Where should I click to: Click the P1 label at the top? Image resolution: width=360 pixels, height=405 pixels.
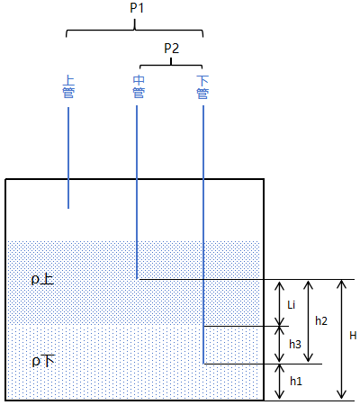point(137,8)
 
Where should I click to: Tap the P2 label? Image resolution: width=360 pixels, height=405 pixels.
point(172,49)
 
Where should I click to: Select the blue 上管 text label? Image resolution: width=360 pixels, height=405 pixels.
point(68,87)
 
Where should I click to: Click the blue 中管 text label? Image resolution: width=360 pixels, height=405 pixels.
point(139,87)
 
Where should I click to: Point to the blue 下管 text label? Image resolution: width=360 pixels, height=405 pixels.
point(202,87)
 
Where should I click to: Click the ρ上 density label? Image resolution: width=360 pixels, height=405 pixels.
point(42,279)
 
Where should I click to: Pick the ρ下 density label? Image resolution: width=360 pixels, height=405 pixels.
point(43,361)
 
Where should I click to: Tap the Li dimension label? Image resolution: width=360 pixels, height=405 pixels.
point(292,305)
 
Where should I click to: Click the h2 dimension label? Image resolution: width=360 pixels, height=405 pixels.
point(321,321)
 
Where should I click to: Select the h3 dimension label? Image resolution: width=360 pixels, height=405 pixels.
point(295,344)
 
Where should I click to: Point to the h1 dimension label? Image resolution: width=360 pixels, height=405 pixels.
point(296,381)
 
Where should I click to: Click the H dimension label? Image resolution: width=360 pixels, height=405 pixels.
point(353,336)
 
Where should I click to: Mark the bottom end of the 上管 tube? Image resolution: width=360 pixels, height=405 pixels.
point(68,208)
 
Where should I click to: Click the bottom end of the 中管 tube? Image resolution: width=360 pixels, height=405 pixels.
point(137,279)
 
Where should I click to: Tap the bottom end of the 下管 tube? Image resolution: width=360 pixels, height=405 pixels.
point(203,364)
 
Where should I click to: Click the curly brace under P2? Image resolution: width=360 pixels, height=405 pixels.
point(171,65)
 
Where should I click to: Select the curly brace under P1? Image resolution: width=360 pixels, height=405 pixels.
point(135,30)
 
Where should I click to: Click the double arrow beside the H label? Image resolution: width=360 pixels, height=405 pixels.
point(341,339)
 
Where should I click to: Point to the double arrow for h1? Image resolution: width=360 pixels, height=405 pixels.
point(280,382)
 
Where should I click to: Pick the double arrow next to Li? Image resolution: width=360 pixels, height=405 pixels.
point(280,303)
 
